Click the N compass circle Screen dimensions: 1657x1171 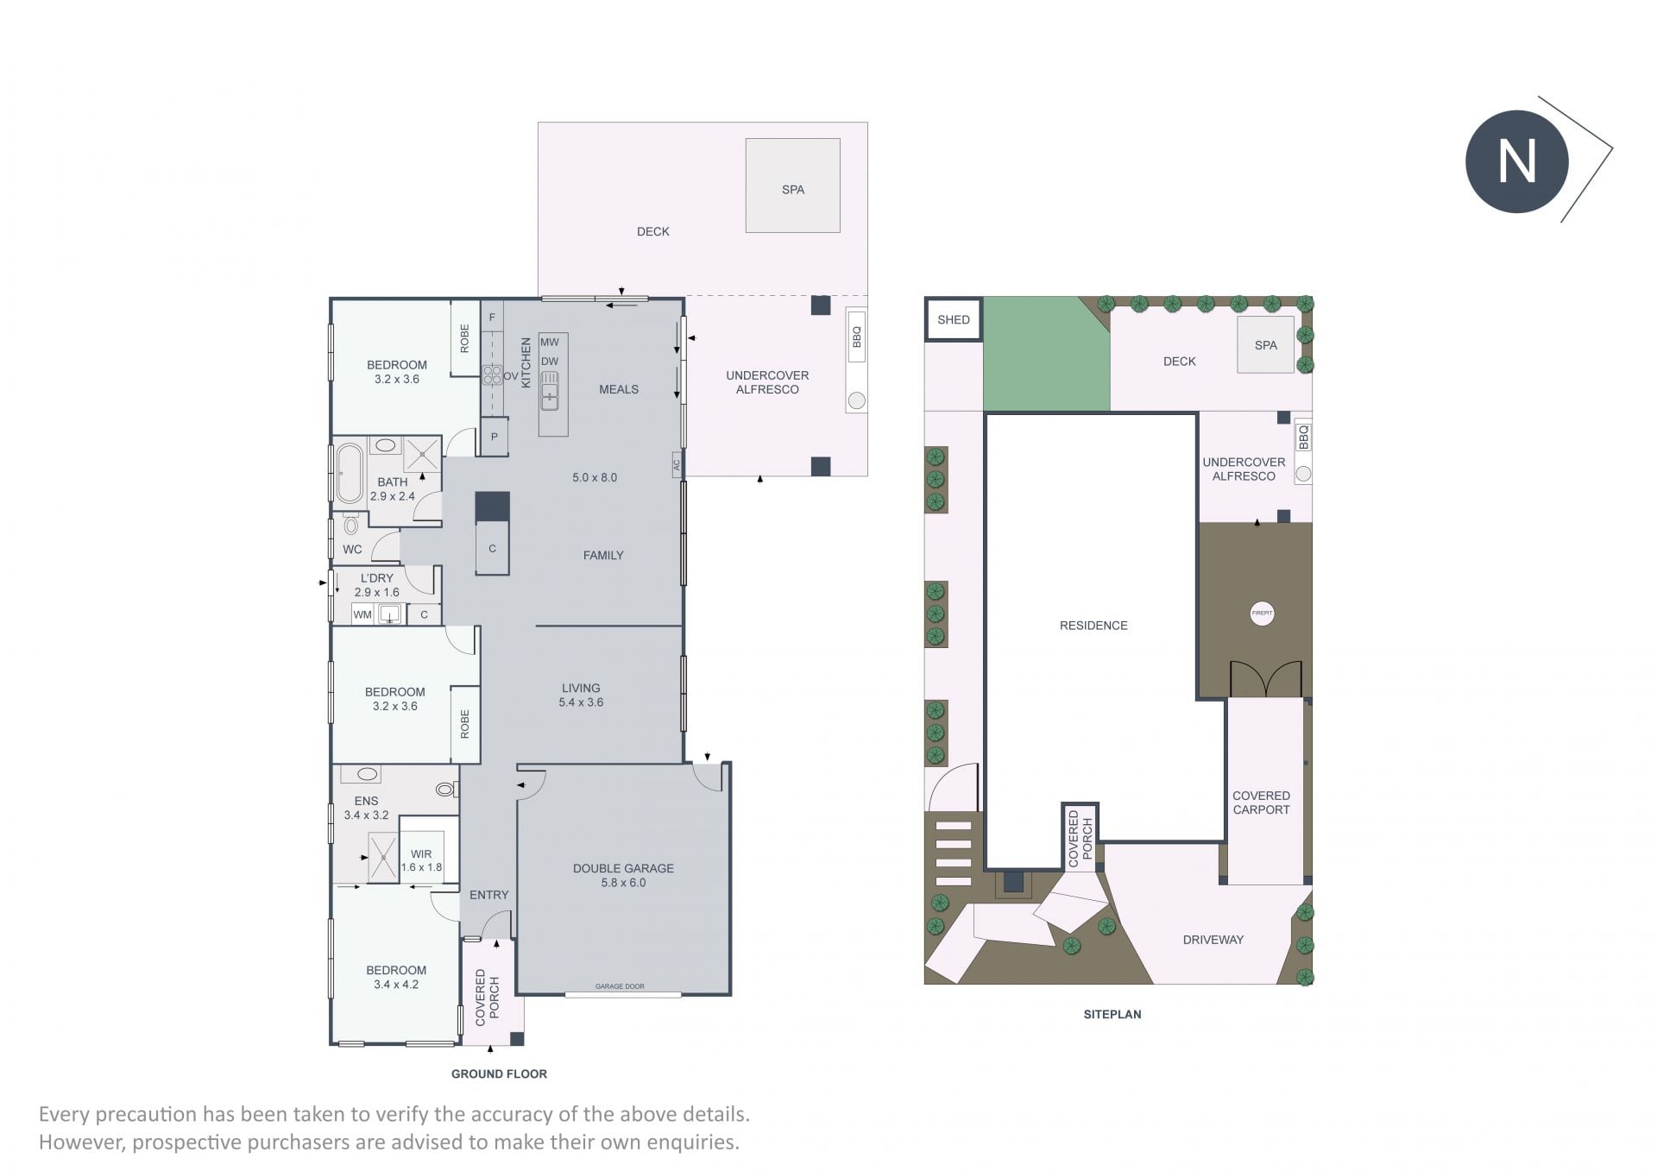(1516, 161)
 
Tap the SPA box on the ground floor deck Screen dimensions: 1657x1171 (792, 186)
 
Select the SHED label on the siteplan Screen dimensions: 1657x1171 (954, 319)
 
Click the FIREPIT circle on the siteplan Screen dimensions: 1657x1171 (1262, 614)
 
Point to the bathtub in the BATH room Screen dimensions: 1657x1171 (350, 473)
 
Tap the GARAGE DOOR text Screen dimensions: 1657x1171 (620, 985)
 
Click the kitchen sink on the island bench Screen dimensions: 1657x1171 (550, 390)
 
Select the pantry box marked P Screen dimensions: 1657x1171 (495, 437)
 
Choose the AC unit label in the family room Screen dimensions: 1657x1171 (677, 464)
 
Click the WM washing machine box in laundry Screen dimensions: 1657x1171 (362, 614)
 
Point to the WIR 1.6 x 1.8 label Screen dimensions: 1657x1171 (421, 860)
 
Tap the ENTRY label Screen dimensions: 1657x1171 (489, 895)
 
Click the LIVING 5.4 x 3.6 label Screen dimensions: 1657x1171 (581, 695)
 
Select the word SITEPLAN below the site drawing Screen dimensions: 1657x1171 (1112, 1014)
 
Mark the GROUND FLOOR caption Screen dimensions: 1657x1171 (499, 1073)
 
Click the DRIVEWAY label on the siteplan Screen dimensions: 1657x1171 (1213, 940)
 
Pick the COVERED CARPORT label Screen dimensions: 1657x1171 (1261, 803)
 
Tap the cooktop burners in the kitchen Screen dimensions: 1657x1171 (492, 375)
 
